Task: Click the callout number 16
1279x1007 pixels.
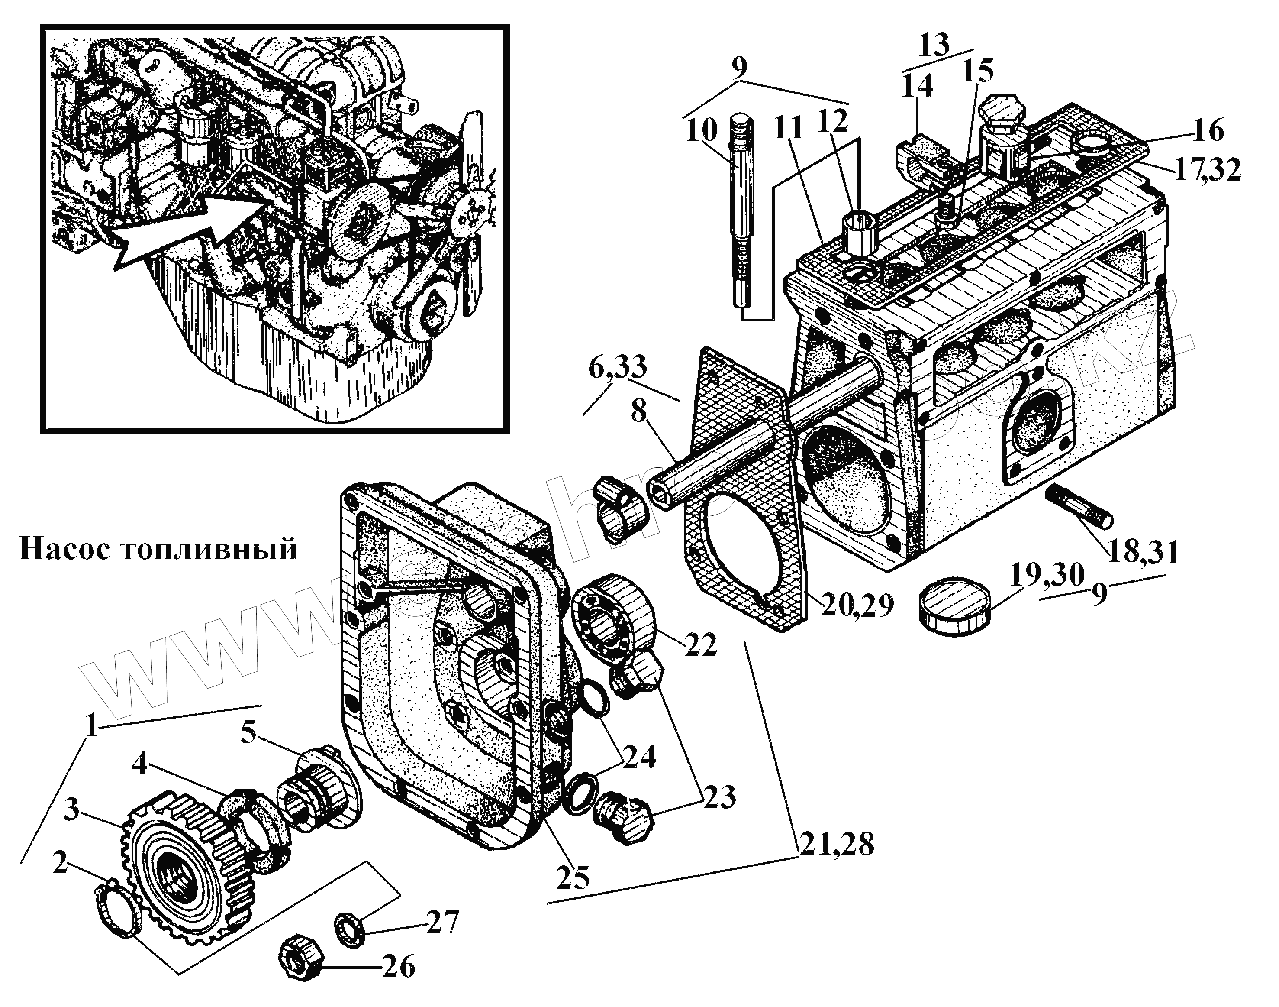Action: pos(1208,130)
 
